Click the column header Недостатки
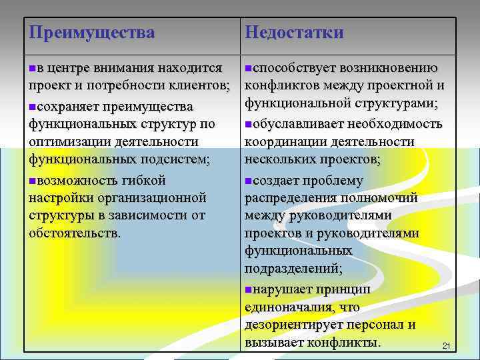(294, 32)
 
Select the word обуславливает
(297, 123)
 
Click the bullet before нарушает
(248, 289)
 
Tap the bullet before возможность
(33, 181)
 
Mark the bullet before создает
(248, 181)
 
